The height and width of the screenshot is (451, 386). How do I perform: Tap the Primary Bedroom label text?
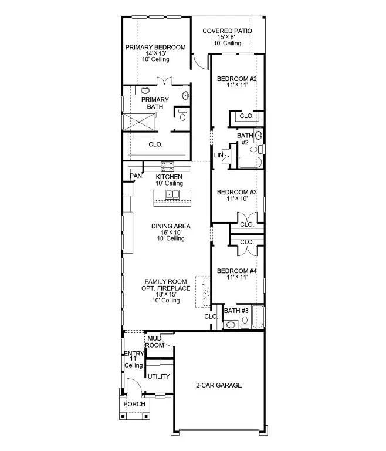(x=155, y=48)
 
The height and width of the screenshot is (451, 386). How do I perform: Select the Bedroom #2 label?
(x=237, y=79)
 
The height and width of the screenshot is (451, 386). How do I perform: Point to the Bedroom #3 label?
(x=237, y=192)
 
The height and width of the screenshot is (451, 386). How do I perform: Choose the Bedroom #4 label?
(x=237, y=271)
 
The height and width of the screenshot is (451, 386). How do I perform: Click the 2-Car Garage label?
(x=219, y=385)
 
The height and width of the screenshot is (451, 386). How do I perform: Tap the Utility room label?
(x=158, y=376)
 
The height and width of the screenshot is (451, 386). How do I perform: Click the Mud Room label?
(x=154, y=342)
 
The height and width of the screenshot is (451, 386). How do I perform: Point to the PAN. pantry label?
(x=136, y=176)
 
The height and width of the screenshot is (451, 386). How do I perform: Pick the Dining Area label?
(x=171, y=225)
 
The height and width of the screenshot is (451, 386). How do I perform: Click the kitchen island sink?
(x=172, y=194)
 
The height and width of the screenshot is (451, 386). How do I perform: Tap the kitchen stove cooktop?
(x=168, y=166)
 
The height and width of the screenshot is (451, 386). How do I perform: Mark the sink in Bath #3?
(x=232, y=324)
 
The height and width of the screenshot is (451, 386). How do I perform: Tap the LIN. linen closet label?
(x=219, y=155)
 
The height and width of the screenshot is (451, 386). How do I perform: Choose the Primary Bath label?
(x=155, y=103)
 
